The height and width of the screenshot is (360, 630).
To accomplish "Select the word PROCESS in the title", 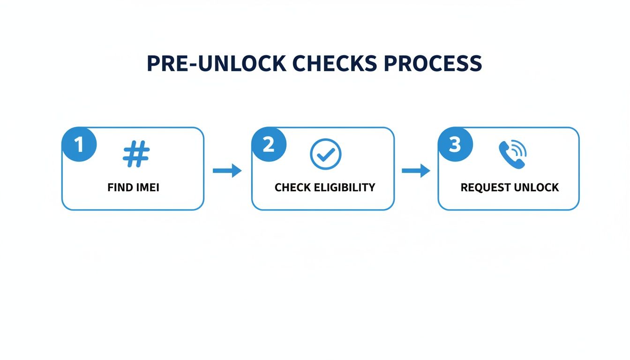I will (x=433, y=63).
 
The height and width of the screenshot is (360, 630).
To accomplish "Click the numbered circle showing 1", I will (x=79, y=144).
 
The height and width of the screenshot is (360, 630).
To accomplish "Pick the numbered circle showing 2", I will (x=269, y=144).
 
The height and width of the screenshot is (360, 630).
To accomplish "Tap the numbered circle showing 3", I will (x=455, y=144).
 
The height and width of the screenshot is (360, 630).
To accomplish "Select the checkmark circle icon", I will (x=325, y=154).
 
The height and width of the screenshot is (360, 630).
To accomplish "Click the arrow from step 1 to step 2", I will (x=227, y=171).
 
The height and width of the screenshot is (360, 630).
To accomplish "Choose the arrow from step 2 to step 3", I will (x=416, y=171).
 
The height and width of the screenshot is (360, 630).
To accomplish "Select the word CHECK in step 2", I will (x=292, y=188).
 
